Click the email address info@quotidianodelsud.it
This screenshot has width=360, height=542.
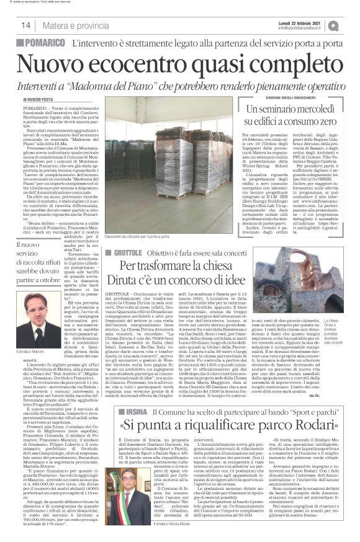(x=302, y=28)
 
